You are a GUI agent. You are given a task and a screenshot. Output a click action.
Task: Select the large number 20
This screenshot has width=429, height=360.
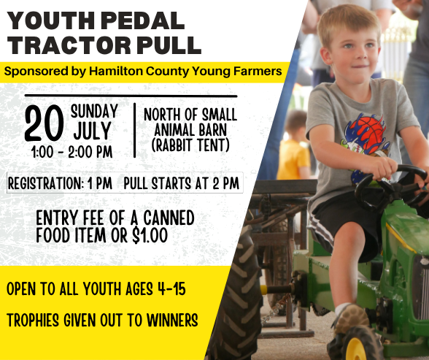point(44,124)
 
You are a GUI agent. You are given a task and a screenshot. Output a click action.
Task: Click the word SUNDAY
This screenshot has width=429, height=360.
point(94,112)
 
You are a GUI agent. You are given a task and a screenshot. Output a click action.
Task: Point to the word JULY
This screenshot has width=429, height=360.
point(93,132)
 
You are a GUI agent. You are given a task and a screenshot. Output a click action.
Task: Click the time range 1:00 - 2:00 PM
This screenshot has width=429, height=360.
point(71,153)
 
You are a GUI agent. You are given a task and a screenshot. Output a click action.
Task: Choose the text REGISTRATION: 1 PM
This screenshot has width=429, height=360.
point(61,183)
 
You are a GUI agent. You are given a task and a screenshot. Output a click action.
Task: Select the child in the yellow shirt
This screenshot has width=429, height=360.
point(295,150)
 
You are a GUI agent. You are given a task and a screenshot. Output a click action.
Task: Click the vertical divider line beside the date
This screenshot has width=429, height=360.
point(134,130)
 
